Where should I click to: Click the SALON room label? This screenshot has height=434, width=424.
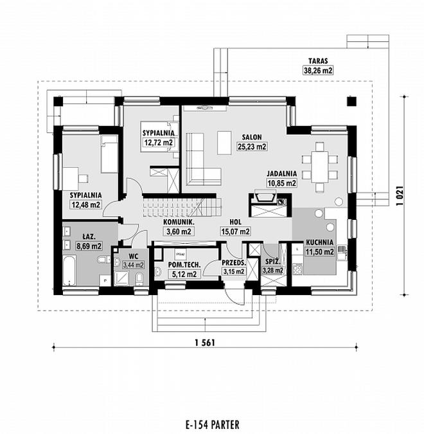pos(252,137)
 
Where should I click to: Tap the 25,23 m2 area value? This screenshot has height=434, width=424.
pos(252,147)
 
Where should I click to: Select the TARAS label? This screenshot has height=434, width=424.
pos(318,61)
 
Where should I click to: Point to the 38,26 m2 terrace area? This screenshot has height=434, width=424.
pos(318,70)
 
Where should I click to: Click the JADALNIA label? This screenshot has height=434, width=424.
pos(282,174)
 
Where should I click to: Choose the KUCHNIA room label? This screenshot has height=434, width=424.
pos(320,242)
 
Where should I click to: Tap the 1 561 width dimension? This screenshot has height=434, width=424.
pos(205,343)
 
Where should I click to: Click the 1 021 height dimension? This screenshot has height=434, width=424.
pos(400,195)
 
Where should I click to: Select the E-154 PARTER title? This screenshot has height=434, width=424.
pos(213,424)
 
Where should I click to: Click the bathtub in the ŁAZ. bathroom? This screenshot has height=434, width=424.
pos(69,271)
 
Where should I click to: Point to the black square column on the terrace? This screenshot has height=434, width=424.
pos(351,102)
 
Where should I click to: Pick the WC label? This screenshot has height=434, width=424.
pos(134,257)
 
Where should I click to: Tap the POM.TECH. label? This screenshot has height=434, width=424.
pos(184,265)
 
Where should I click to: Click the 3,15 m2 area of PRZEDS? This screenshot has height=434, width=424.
pos(234,271)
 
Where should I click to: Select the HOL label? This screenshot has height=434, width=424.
pos(235,222)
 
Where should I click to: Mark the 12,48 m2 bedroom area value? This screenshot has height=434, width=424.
pos(86,204)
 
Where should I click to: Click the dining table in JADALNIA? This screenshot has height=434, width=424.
pos(320,167)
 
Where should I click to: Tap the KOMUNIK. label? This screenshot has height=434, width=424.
pos(179,222)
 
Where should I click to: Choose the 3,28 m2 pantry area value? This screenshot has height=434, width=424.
pos(273,270)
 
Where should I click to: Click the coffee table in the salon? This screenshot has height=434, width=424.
pos(224,143)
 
